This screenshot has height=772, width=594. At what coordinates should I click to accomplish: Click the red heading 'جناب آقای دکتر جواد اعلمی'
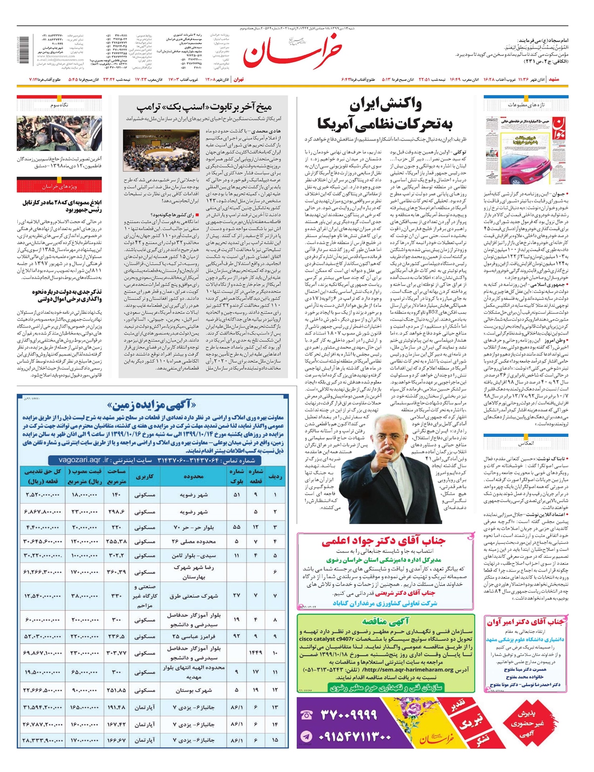pos(383,541)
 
